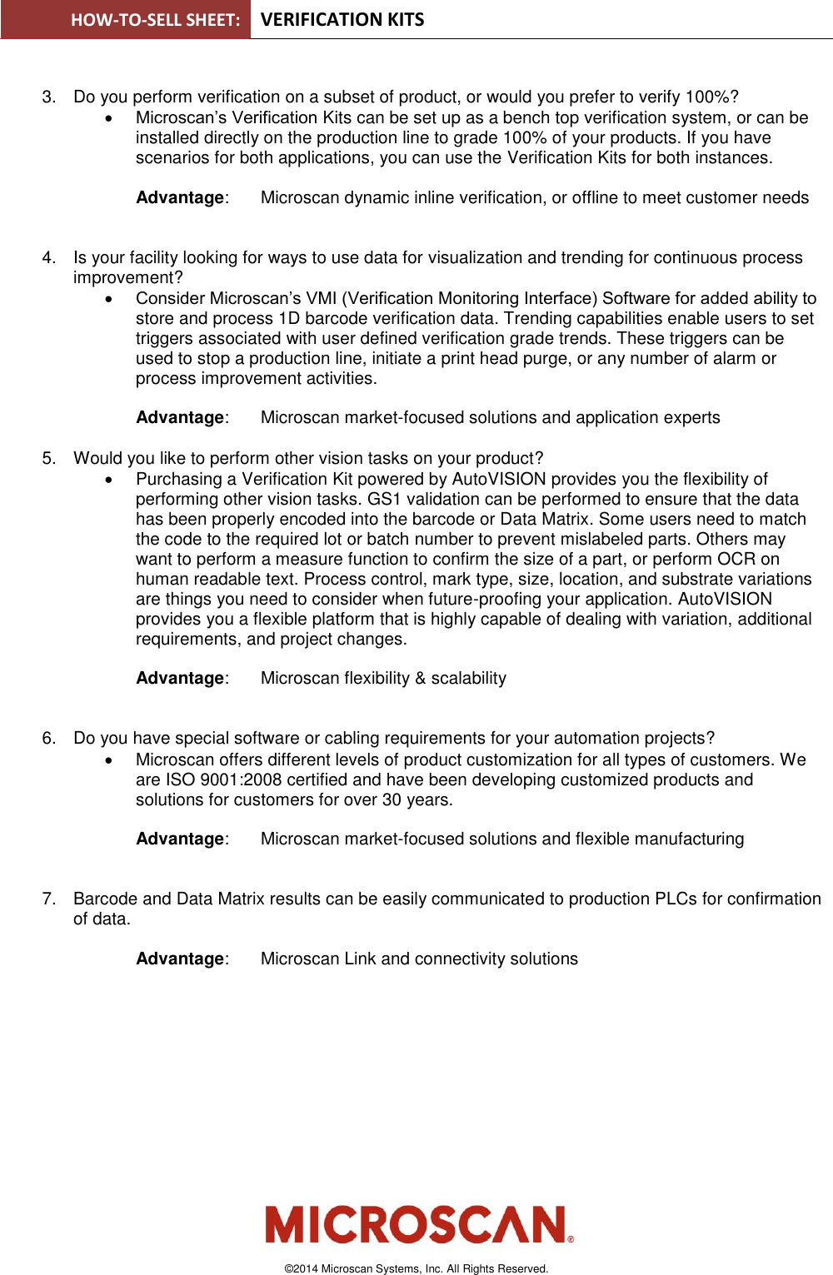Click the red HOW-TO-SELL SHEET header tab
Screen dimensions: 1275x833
[126, 20]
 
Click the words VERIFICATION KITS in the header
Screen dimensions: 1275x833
[342, 20]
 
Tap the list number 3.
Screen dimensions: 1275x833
[48, 97]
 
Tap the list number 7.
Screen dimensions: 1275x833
[48, 899]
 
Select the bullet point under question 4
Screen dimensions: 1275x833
[109, 299]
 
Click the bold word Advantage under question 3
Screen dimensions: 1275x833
[180, 198]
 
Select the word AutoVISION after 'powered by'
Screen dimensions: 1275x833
[499, 480]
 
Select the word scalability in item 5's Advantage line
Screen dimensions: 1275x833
[468, 679]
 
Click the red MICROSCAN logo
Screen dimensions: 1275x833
[416, 1224]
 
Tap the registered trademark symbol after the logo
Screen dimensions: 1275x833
[571, 1239]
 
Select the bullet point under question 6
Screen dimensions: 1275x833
[109, 760]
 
